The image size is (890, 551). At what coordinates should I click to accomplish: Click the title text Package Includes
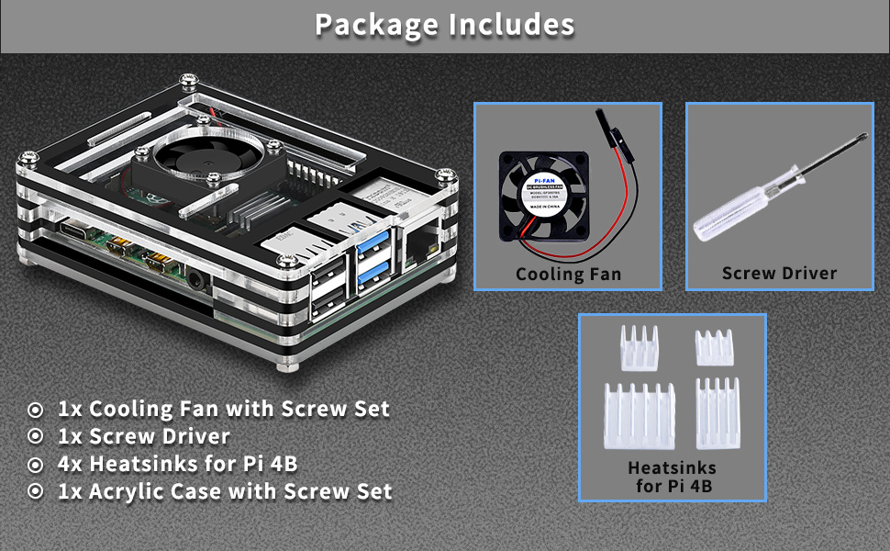[x=444, y=25]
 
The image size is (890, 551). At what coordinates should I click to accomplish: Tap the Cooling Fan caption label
[x=568, y=274]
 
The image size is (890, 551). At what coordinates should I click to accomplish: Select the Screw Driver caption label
[x=779, y=273]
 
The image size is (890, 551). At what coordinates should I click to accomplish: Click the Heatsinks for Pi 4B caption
[x=673, y=477]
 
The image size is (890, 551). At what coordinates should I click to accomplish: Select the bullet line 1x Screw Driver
[x=143, y=436]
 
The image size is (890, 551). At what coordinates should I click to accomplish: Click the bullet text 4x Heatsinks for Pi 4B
[x=177, y=464]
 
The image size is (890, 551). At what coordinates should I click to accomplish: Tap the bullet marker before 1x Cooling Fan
[x=36, y=410]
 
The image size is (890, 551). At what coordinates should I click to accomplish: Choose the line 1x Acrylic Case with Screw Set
[x=225, y=491]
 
